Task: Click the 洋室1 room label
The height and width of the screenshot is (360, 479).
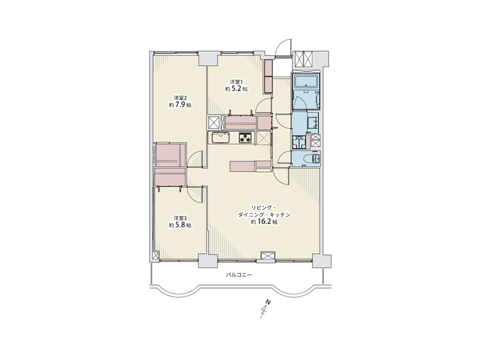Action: pyautogui.click(x=236, y=82)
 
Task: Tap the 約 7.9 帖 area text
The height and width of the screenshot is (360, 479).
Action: pyautogui.click(x=180, y=105)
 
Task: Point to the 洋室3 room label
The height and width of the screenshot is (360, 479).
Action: pyautogui.click(x=180, y=218)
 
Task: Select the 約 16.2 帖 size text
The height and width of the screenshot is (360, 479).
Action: pyautogui.click(x=264, y=223)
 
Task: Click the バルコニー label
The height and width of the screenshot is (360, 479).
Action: pyautogui.click(x=239, y=275)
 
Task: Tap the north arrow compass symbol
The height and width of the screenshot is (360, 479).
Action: pyautogui.click(x=265, y=309)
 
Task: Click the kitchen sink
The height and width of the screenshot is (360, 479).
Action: pyautogui.click(x=219, y=138)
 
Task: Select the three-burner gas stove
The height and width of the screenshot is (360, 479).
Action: pyautogui.click(x=246, y=138)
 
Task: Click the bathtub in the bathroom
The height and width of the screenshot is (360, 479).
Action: pyautogui.click(x=306, y=81)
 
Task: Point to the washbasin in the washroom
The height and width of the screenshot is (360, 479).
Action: pyautogui.click(x=312, y=122)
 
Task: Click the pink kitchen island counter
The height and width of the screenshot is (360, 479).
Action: pyautogui.click(x=242, y=166)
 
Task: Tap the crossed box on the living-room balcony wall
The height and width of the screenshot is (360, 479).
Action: pyautogui.click(x=268, y=256)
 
